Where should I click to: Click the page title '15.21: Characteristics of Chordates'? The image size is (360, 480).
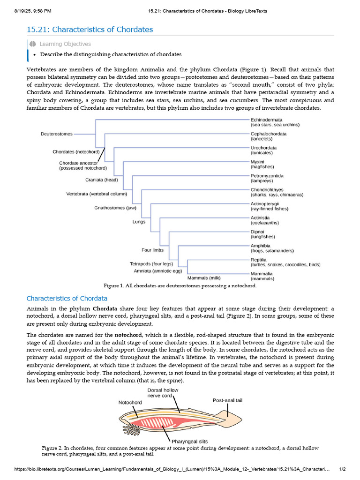click(90, 30)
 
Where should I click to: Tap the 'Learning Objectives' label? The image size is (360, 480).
click(65, 44)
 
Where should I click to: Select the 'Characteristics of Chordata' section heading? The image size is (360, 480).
click(67, 298)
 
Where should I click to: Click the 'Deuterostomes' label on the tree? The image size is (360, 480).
click(57, 134)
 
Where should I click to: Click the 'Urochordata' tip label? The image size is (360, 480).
click(264, 148)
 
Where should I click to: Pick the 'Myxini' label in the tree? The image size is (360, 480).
click(258, 162)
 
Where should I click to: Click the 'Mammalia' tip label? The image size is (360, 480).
click(262, 274)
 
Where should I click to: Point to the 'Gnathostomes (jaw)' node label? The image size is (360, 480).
click(115, 208)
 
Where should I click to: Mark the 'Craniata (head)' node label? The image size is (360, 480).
click(101, 180)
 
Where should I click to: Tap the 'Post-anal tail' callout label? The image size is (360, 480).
click(227, 400)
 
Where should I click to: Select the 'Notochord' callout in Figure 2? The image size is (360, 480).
click(130, 402)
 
